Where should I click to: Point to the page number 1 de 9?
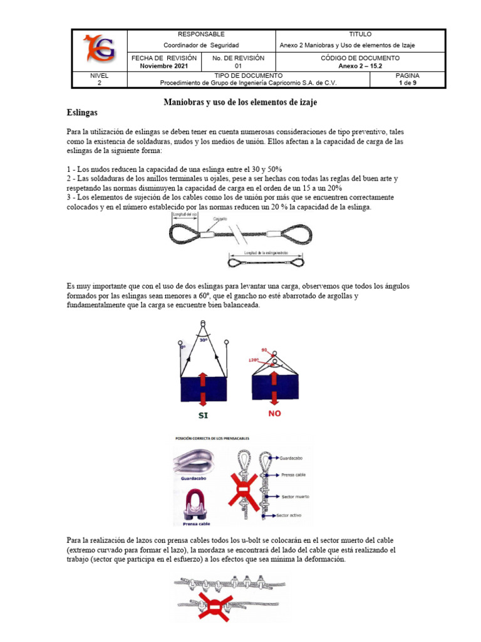408,82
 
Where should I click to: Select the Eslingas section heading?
82,113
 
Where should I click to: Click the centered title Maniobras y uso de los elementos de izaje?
240,102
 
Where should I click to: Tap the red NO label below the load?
274,414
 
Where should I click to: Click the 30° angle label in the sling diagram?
203,340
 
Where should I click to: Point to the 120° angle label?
254,360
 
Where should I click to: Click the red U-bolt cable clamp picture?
196,505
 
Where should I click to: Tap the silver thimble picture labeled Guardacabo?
196,462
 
